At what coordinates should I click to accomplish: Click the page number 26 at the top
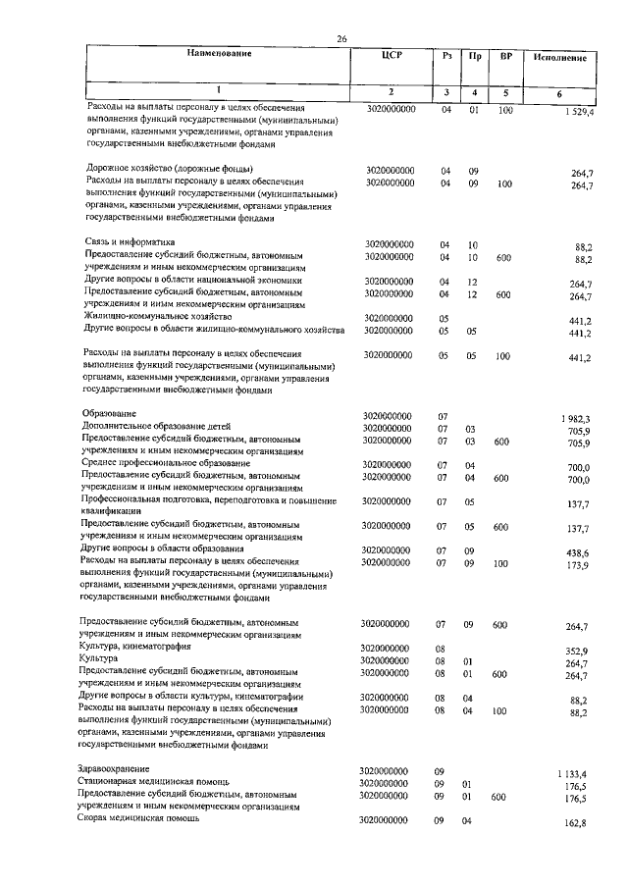coord(342,38)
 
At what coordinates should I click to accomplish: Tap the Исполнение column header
coord(561,59)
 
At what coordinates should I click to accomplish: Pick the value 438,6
coord(576,552)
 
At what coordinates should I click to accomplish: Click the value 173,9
coord(576,567)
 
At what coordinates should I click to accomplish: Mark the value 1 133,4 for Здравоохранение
coord(573,773)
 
